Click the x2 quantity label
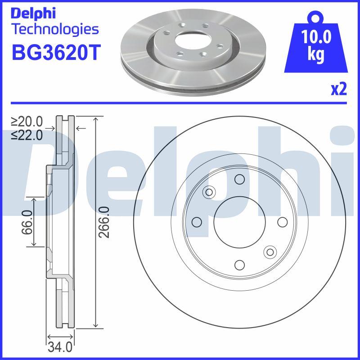coord(338,90)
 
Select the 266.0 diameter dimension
coord(104,222)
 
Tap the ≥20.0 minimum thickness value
coord(27,121)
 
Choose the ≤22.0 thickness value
coord(27,134)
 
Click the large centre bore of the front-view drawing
coord(239,222)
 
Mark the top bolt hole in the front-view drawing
coord(239,180)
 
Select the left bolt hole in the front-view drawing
coord(197,222)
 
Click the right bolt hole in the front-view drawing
coord(282,222)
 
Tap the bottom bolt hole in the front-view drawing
coord(239,265)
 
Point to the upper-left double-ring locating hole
coord(209,192)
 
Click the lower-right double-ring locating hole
coord(270,252)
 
